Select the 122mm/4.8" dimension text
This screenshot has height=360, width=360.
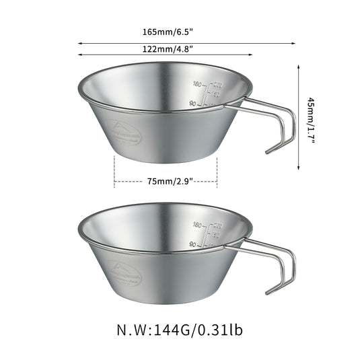[165, 48]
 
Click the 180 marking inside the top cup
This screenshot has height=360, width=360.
[197, 84]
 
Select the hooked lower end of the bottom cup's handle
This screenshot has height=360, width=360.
[269, 291]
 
